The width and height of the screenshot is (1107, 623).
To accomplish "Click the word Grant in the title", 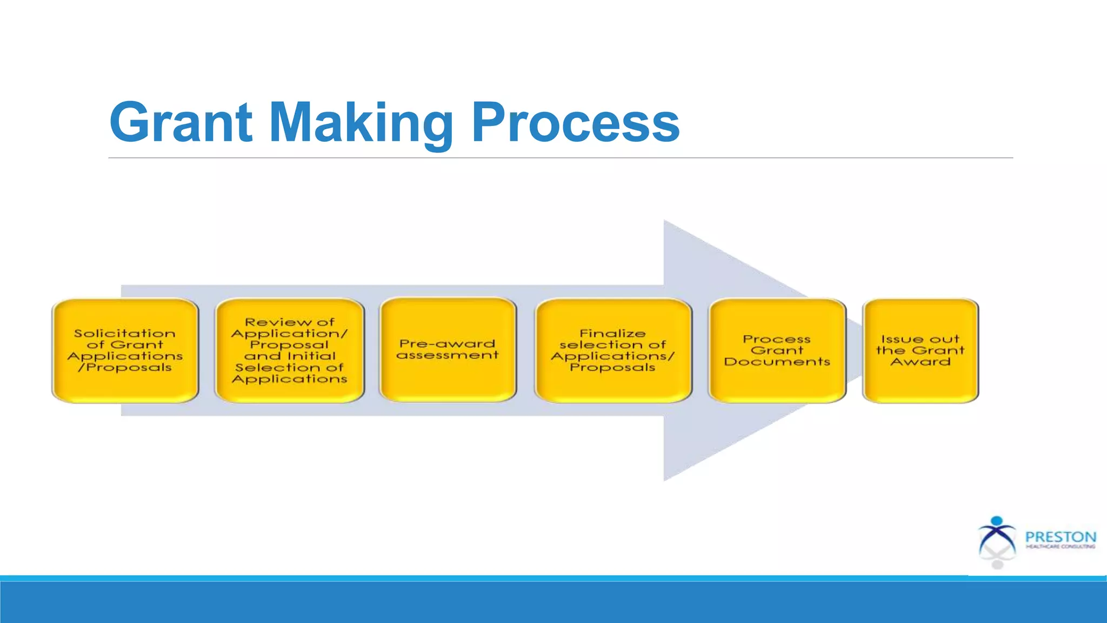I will pyautogui.click(x=181, y=123).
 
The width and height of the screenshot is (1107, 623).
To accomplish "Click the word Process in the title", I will pyautogui.click(x=576, y=123).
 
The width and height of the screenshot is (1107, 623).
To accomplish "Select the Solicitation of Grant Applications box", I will pyautogui.click(x=125, y=350).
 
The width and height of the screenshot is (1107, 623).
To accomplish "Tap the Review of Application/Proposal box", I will pyautogui.click(x=290, y=350).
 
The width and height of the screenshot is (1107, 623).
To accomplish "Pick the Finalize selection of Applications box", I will pyautogui.click(x=613, y=350).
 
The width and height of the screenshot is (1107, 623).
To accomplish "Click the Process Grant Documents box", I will pyautogui.click(x=777, y=350).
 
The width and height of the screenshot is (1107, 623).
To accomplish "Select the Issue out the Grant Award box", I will pyautogui.click(x=921, y=350).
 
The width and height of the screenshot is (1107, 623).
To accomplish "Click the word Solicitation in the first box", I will pyautogui.click(x=125, y=334).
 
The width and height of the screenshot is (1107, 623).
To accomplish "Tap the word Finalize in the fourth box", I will pyautogui.click(x=612, y=334).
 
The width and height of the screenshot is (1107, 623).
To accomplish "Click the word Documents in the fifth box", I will pyautogui.click(x=777, y=362).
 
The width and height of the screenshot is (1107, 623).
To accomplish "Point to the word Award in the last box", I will pyautogui.click(x=921, y=362).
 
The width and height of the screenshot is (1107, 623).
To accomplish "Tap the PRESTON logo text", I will pyautogui.click(x=1061, y=537).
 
